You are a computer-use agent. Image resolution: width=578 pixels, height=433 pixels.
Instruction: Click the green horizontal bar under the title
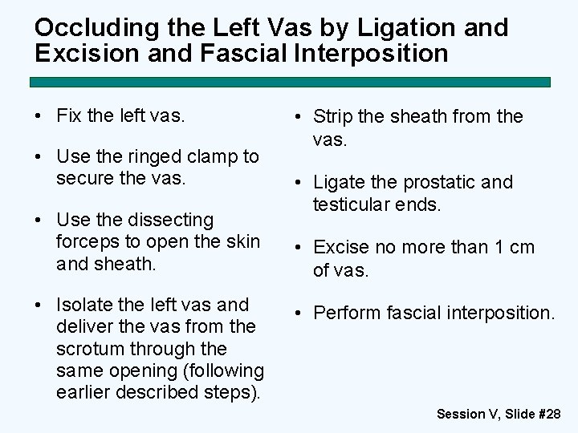pos(290,82)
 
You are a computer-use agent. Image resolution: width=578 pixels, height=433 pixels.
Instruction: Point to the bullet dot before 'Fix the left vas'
pos(39,115)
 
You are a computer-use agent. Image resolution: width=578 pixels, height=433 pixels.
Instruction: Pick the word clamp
pos(213,156)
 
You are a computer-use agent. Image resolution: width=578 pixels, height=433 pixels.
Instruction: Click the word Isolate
pos(86,305)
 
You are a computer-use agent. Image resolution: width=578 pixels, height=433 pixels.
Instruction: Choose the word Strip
pos(331,116)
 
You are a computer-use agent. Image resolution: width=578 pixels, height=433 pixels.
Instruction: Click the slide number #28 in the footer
pos(548,415)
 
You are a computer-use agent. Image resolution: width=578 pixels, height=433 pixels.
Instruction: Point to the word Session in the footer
pos(461,415)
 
